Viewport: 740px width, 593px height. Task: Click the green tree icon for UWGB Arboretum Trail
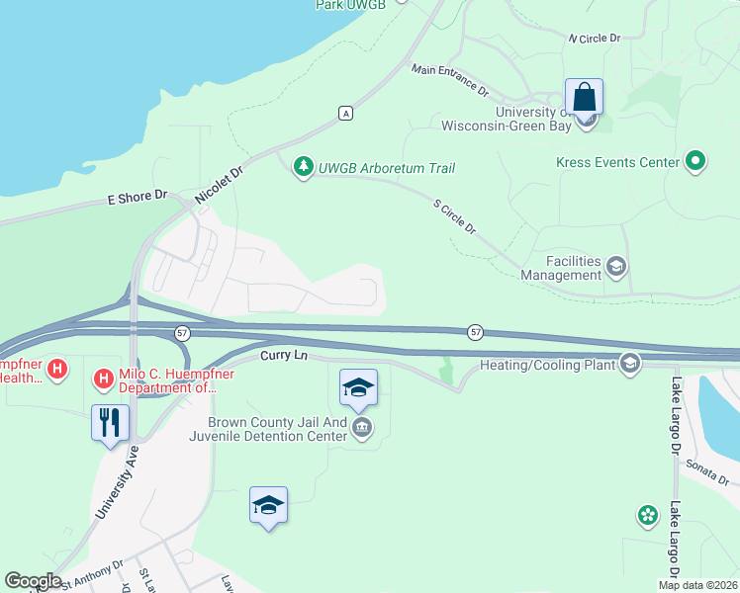(304, 168)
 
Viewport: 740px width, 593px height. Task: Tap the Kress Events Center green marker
(695, 161)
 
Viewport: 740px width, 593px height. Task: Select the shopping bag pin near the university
(585, 98)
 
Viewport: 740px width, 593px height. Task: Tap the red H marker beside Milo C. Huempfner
(103, 379)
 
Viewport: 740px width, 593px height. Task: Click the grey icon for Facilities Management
(616, 266)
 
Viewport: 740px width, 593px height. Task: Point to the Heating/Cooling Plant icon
(629, 365)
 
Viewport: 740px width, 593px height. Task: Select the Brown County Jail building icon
(362, 428)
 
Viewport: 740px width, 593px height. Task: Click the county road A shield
(345, 113)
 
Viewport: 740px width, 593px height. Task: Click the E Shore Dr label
(138, 198)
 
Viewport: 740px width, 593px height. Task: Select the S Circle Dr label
(455, 216)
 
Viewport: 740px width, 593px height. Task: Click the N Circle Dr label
(594, 38)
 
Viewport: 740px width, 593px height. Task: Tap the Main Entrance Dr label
(450, 79)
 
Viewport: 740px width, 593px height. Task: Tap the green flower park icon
(647, 515)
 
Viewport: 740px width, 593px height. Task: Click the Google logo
(33, 581)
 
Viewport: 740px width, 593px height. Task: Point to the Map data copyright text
(696, 585)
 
